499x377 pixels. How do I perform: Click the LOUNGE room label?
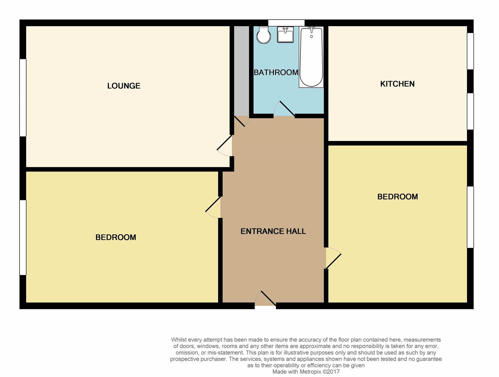[x=124, y=86]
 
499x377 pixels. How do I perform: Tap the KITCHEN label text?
[x=398, y=84]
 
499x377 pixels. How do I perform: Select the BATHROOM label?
[x=276, y=72]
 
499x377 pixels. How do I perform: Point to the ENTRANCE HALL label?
[x=273, y=231]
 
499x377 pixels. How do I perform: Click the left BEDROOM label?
[x=116, y=237]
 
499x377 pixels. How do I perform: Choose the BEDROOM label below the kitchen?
[x=398, y=197]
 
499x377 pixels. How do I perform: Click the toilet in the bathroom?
[x=264, y=35]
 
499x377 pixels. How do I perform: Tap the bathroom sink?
[x=285, y=35]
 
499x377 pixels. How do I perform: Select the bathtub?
[x=311, y=57]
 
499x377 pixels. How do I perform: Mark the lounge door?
[x=224, y=146]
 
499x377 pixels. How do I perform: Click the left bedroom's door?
[x=213, y=207]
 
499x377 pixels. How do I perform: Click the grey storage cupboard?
[x=242, y=71]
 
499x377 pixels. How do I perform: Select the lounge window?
[x=23, y=98]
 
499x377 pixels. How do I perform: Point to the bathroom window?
[x=286, y=23]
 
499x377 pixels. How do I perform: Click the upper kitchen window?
[x=470, y=51]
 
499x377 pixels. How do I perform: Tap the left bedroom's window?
[x=23, y=237]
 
